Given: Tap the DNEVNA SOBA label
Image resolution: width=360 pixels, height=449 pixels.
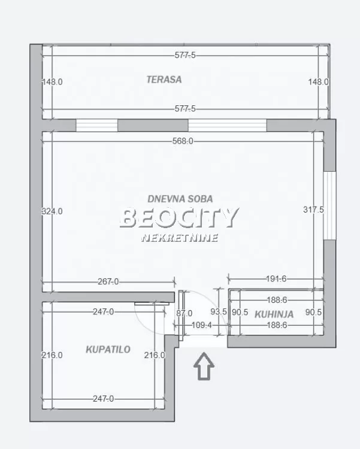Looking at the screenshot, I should click(x=180, y=199).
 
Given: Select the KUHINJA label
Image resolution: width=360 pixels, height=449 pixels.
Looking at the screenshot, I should click(x=274, y=314).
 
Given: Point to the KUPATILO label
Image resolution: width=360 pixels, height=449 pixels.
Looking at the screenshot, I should click(x=108, y=349).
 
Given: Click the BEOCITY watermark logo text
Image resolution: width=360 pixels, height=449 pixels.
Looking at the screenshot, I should click(x=179, y=218).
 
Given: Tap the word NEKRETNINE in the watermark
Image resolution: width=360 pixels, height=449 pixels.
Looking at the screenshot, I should click(x=179, y=238).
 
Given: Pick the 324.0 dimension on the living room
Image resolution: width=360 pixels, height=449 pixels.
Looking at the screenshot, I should click(x=52, y=211).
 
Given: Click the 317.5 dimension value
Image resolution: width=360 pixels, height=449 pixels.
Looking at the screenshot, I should click(x=313, y=210).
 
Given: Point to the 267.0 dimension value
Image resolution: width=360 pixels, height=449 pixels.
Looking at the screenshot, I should click(x=108, y=281).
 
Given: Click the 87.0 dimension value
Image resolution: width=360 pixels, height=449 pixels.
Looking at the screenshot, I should click(x=184, y=313).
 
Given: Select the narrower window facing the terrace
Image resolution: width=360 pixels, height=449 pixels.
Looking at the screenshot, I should click(x=96, y=125).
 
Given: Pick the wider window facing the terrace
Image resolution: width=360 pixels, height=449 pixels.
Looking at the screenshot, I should click(x=227, y=125).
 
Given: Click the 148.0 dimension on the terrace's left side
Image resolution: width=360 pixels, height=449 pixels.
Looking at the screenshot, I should click(x=52, y=82).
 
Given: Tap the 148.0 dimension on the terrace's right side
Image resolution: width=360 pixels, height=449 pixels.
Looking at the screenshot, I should click(x=318, y=82).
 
